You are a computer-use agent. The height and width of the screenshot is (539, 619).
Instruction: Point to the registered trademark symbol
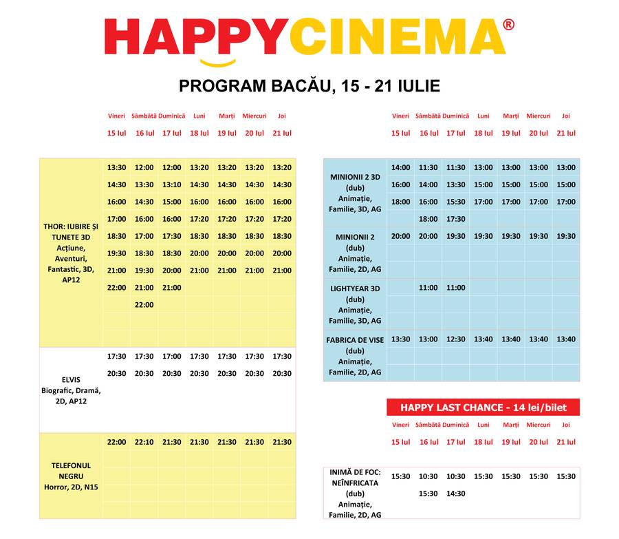pyautogui.click(x=508, y=25)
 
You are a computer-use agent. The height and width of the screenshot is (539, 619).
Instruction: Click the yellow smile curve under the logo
pyautogui.click(x=218, y=64)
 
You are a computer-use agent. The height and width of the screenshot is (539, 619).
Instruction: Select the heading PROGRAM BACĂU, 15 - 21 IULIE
pyautogui.click(x=309, y=86)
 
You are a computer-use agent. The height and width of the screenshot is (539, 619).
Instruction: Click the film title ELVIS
pyautogui.click(x=71, y=379)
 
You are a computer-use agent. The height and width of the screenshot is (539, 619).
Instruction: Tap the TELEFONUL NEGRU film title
pyautogui.click(x=71, y=471)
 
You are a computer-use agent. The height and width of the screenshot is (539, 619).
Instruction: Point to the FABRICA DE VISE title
pyautogui.click(x=355, y=339)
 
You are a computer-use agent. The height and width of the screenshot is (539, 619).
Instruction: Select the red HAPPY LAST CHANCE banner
pyautogui.click(x=483, y=408)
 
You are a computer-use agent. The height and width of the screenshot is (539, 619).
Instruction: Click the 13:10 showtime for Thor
pyautogui.click(x=172, y=184)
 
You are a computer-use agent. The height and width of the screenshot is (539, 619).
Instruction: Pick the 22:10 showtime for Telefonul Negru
pyautogui.click(x=144, y=442)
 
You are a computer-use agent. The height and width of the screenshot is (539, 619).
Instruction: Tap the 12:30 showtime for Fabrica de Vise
pyautogui.click(x=456, y=339)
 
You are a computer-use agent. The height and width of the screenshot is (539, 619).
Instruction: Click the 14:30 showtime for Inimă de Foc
pyautogui.click(x=456, y=494)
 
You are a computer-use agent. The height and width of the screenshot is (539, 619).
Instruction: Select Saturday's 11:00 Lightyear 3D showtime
pyautogui.click(x=428, y=288)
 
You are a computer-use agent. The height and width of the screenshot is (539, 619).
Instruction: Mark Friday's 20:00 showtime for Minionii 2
pyautogui.click(x=400, y=236)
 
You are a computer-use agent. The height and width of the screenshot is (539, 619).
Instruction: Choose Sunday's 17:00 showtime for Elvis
pyautogui.click(x=172, y=357)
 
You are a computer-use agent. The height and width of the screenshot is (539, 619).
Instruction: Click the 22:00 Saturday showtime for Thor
pyautogui.click(x=144, y=305)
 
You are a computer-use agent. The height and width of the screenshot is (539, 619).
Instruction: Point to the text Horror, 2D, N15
pyautogui.click(x=71, y=487)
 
